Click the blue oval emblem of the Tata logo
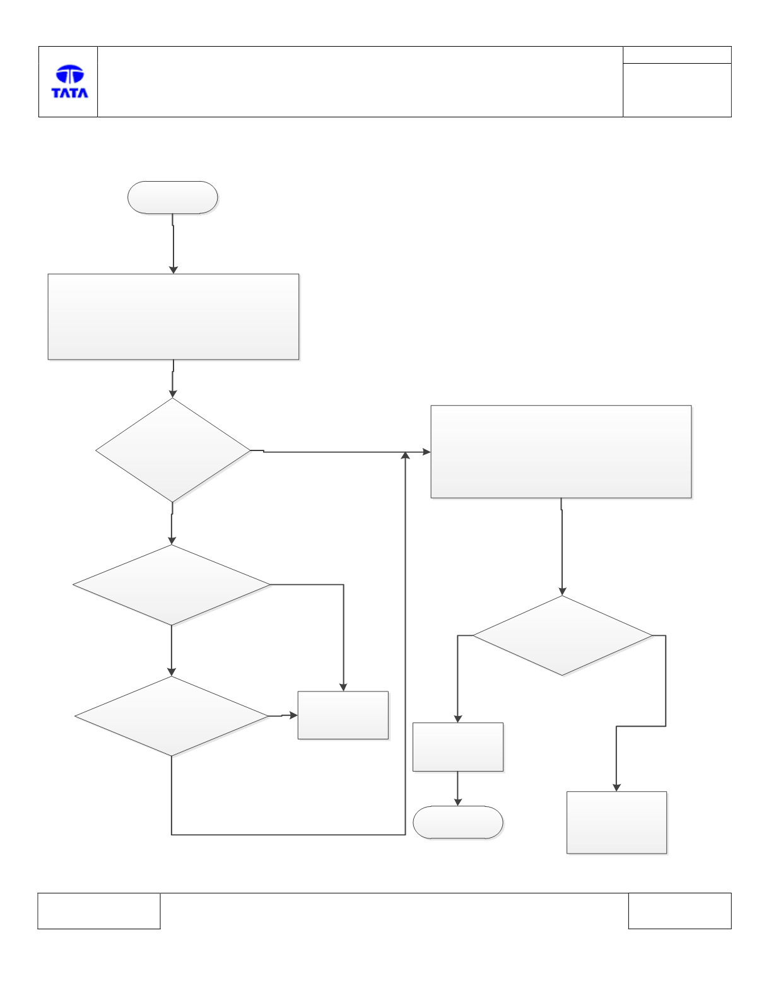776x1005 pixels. [70, 74]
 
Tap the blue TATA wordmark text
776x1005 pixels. [70, 93]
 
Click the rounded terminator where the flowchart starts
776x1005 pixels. [172, 197]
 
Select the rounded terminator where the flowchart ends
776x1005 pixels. [458, 822]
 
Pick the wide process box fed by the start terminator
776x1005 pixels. [173, 317]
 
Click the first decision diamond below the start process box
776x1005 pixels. [173, 450]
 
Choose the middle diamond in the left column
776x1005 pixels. [172, 585]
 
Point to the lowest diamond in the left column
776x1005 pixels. [172, 717]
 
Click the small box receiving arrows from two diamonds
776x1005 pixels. [343, 715]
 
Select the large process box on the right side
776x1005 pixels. [561, 452]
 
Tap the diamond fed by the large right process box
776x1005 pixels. [562, 635]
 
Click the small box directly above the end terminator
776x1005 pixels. [458, 747]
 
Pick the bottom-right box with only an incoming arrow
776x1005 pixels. [616, 822]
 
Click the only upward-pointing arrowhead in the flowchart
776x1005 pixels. [405, 455]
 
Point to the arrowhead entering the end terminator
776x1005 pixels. [458, 802]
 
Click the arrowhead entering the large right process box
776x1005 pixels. [426, 452]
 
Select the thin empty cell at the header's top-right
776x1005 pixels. [677, 55]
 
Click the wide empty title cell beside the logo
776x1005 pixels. [360, 81]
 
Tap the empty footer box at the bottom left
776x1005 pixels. [99, 910]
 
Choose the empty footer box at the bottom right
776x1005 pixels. [680, 910]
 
